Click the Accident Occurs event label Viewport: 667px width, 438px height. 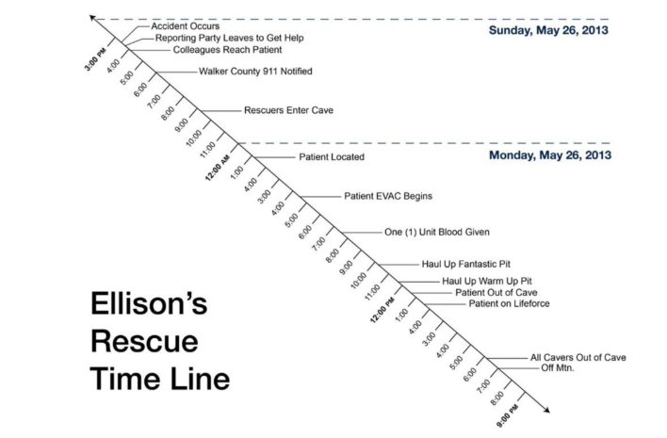point(186,26)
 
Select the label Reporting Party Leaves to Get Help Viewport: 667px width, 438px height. point(229,38)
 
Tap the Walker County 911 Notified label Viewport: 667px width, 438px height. point(255,71)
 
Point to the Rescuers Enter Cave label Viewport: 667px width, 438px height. point(288,110)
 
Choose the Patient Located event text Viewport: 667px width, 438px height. point(332,157)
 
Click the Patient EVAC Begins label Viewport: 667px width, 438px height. point(388,196)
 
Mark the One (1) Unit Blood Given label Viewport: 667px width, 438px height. point(437,232)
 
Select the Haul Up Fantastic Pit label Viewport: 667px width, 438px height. point(465,264)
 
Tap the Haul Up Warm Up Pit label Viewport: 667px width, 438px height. point(487,281)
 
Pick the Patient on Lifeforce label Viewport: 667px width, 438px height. point(509,303)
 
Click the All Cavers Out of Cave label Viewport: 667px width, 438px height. point(578,358)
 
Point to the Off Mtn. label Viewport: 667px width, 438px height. point(558,368)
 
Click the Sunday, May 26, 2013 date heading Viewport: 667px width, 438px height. point(548,30)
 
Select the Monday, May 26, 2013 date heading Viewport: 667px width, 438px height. point(550,154)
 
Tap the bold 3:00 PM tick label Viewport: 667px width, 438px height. point(95,59)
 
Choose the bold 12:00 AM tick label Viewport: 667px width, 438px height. point(218,168)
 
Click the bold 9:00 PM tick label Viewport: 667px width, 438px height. point(508,415)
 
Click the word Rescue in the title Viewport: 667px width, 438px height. point(144,341)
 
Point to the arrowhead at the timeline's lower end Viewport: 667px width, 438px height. point(546,410)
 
